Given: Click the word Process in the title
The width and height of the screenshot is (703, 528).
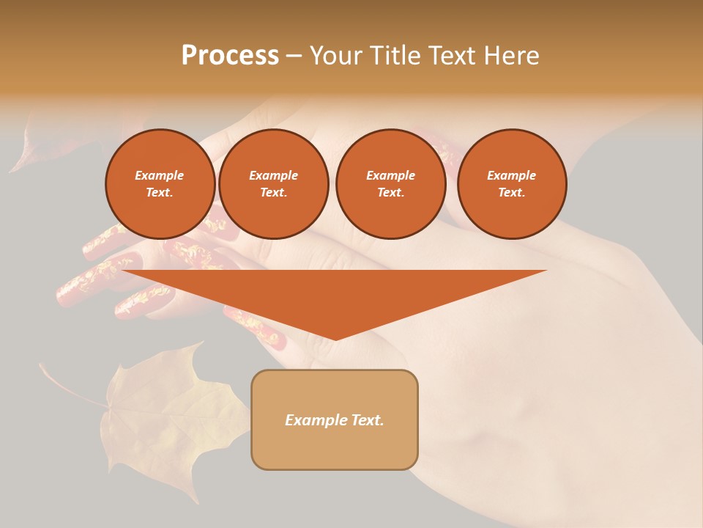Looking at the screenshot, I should point(230,56).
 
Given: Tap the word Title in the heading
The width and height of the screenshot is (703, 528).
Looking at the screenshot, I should point(398,56).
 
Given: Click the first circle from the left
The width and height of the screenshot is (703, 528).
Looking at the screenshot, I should point(160,184).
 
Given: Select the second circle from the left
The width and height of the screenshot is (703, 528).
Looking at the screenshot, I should point(273,184).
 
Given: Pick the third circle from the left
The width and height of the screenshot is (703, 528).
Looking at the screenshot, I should point(390,184).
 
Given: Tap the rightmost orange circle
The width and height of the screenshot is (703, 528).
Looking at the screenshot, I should point(511,184).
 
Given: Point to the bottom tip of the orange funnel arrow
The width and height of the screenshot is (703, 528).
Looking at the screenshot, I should point(335,339).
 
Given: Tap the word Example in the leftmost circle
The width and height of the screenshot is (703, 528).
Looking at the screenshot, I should point(160,175).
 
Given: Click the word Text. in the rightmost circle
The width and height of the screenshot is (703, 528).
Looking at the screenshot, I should point(511,193).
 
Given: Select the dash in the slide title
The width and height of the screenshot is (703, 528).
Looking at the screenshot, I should point(294,56).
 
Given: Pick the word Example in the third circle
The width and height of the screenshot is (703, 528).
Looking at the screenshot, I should point(390,175).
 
